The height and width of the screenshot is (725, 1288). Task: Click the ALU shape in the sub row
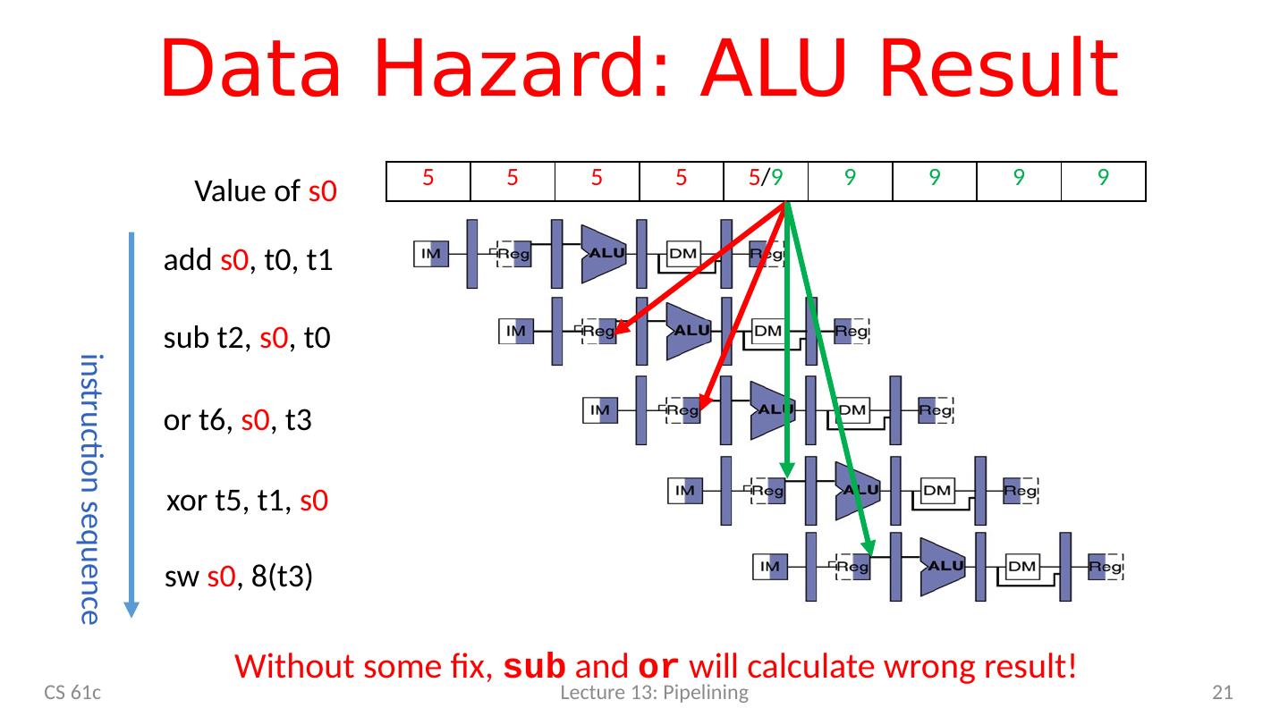[690, 330]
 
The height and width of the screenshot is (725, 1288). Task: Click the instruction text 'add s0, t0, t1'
[249, 262]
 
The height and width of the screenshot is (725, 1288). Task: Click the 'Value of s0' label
[265, 190]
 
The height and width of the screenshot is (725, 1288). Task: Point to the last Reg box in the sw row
[1106, 566]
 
